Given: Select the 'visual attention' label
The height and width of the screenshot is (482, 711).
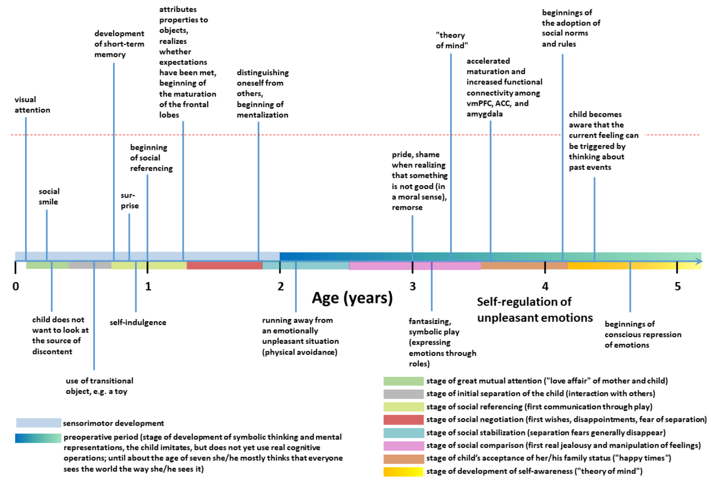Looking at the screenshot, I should point(32,105).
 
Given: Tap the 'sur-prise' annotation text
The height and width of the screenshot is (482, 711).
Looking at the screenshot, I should point(129,201).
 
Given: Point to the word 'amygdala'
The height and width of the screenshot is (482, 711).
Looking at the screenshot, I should point(484,114).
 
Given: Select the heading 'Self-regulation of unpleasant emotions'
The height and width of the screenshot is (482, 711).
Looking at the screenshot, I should point(535,310).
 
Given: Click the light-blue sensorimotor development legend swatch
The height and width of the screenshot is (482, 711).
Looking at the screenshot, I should point(39,423).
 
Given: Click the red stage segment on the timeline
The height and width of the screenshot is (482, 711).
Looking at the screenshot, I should point(224,265).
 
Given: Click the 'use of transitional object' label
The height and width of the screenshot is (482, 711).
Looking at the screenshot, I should point(99,386).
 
